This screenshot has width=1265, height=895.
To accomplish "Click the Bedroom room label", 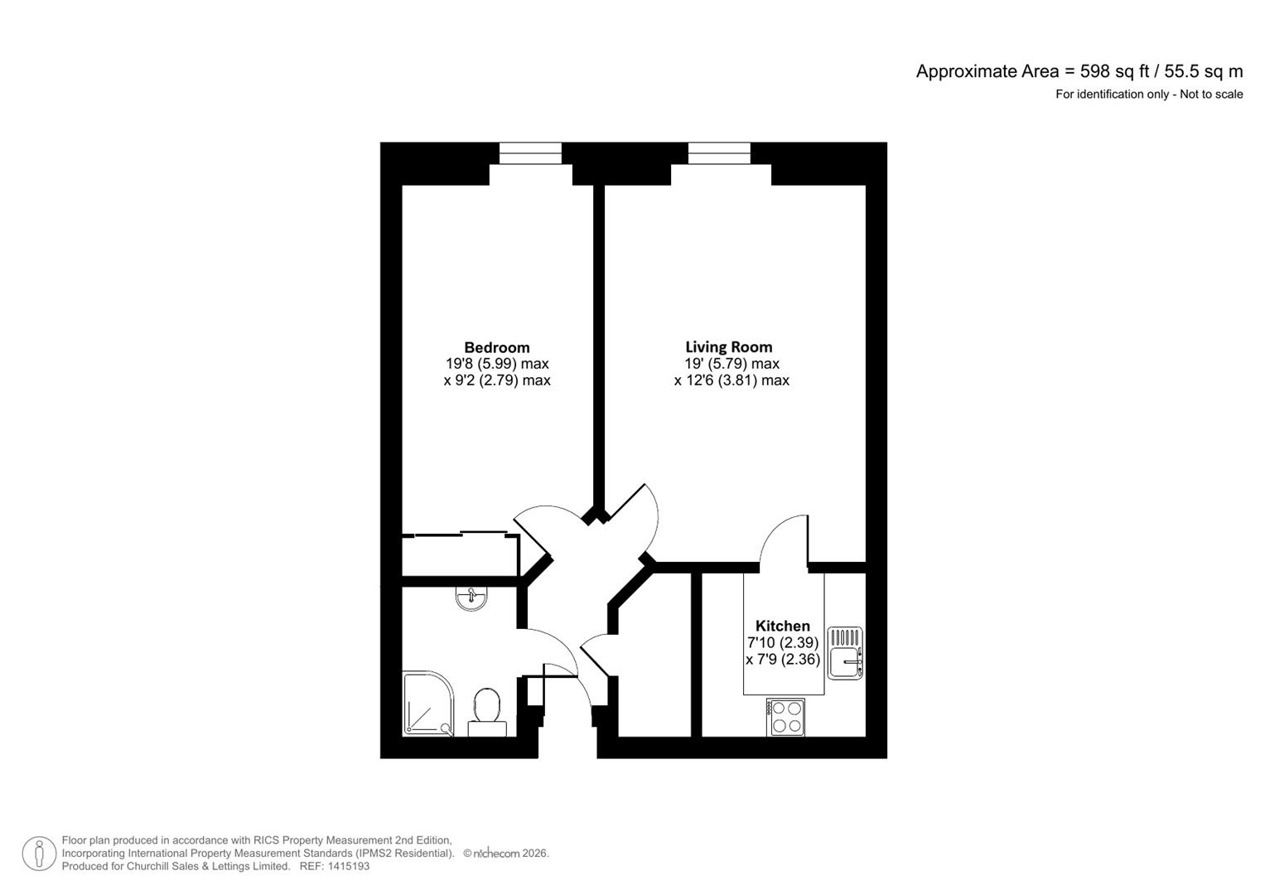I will tap(496, 347).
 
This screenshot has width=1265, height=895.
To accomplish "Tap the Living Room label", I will tap(728, 347).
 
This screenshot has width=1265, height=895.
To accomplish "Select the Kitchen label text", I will tap(782, 626).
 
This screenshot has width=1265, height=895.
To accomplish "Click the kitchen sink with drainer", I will tap(845, 653).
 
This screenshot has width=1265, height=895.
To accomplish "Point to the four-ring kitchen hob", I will tap(785, 717).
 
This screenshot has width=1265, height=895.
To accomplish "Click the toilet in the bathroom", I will tap(486, 712).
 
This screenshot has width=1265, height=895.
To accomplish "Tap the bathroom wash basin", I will tap(472, 598).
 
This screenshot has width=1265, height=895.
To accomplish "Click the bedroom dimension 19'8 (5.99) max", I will tap(497, 364).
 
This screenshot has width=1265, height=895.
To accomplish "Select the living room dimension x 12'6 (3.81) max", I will tap(731, 380).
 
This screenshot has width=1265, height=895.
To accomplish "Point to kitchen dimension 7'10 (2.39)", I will tap(783, 643).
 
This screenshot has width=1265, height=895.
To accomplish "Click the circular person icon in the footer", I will tap(39, 854).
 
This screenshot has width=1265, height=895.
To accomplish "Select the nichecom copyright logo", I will tap(497, 854).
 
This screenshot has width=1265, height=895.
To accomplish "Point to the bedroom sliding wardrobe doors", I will tap(461, 535).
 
